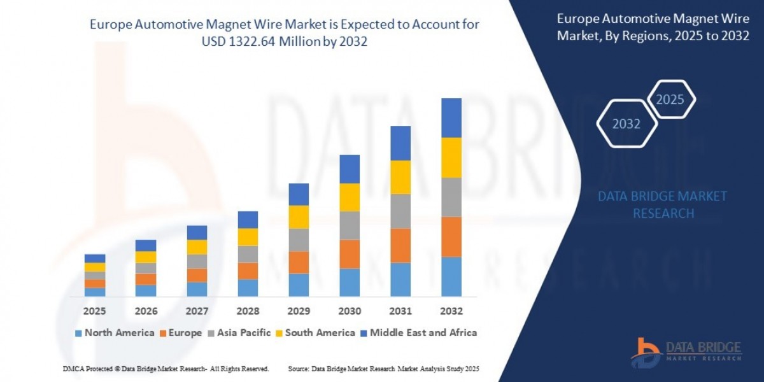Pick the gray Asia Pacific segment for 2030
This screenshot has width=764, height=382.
(350, 225)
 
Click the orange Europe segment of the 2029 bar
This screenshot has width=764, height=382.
(299, 262)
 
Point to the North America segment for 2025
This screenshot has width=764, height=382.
(95, 292)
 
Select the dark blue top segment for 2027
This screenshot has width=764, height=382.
(197, 232)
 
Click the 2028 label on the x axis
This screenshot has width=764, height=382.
(248, 311)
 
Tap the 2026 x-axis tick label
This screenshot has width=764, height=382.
(146, 311)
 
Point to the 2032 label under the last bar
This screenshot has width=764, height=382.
(451, 311)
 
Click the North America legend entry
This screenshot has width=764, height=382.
(114, 332)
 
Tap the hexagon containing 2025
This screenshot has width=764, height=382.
(670, 99)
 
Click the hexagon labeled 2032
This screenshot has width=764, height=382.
(626, 124)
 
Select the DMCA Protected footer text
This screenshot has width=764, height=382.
(166, 369)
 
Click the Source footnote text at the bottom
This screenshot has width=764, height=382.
(383, 369)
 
